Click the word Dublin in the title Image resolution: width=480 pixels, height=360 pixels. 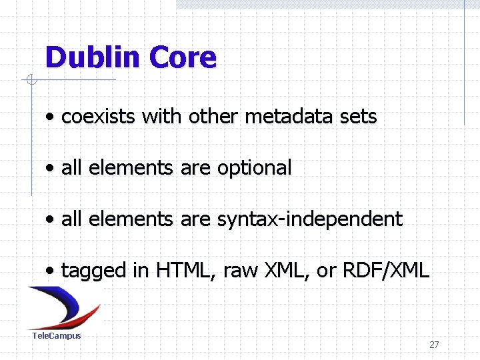click(93, 57)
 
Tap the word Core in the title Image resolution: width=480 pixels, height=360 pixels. click(183, 57)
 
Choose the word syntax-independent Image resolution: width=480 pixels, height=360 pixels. click(310, 219)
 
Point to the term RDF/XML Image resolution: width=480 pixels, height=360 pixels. click(385, 270)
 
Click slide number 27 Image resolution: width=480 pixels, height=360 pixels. click(434, 345)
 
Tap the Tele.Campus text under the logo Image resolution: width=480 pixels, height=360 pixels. click(57, 336)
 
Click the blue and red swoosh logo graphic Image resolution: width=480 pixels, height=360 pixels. click(63, 307)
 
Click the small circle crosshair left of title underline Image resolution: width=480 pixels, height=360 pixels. click(30, 81)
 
